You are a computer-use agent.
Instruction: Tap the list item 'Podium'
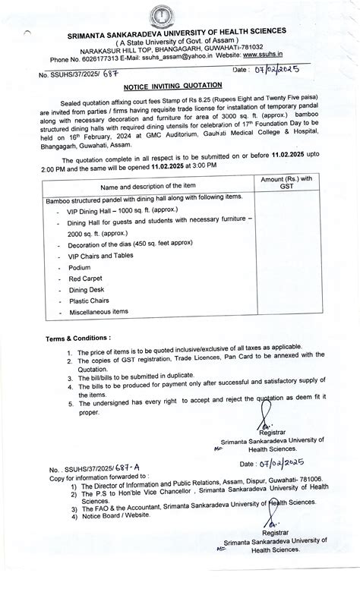point(80,268)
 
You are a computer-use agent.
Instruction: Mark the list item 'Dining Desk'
point(89,290)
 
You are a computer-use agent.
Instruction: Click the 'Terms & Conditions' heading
point(79,337)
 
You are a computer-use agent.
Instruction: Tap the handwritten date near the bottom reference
point(272,462)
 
